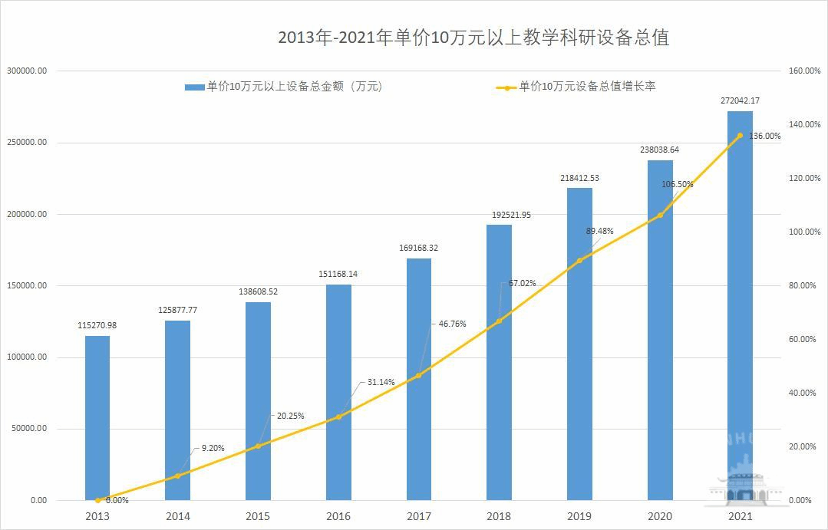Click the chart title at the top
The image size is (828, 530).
pos(473,38)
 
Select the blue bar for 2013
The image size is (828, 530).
pos(97,418)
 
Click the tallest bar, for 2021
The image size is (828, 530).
pos(740,307)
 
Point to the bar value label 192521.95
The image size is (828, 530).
pos(500,215)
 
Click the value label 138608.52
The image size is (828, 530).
pos(259,292)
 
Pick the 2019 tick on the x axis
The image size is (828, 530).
pos(579,516)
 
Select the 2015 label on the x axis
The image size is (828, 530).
pos(258,516)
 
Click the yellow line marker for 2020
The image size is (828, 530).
pos(660,215)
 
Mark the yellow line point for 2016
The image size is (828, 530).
pos(338,416)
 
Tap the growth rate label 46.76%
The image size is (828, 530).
pos(452,324)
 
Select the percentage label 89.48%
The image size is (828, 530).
pos(599,231)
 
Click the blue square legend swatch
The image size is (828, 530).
pos(195,87)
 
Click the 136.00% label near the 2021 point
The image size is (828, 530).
pos(764,136)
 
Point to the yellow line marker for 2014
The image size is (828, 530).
pos(177,476)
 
